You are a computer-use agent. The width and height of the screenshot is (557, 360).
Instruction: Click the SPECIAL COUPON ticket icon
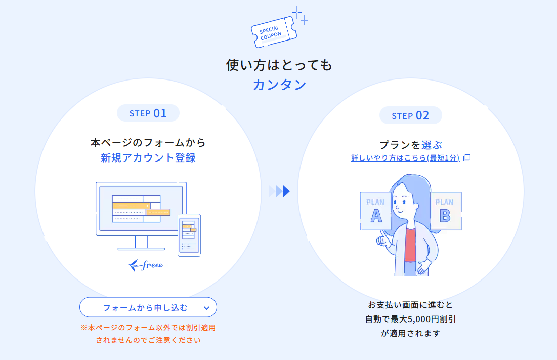click(x=274, y=32)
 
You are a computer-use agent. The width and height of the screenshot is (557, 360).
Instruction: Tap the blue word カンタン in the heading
click(x=279, y=85)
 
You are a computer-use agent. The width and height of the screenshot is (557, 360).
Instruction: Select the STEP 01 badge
click(x=148, y=113)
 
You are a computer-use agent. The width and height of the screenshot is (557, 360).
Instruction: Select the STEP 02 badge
click(x=411, y=115)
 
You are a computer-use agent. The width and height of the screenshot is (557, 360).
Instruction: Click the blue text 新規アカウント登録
click(x=148, y=157)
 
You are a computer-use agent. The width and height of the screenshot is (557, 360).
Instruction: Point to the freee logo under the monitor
click(x=146, y=265)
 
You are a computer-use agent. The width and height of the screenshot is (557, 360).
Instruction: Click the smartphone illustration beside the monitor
click(x=189, y=235)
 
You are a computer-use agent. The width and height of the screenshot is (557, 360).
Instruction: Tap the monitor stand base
click(x=141, y=249)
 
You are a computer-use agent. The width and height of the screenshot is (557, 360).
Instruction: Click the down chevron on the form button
click(x=206, y=308)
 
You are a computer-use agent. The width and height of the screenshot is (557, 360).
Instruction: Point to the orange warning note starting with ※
click(x=148, y=334)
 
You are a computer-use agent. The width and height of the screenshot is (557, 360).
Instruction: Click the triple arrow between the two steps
click(x=279, y=191)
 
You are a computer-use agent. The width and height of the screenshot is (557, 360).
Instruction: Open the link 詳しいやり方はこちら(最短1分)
click(x=405, y=158)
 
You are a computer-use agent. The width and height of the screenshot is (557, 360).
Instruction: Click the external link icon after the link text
click(x=467, y=157)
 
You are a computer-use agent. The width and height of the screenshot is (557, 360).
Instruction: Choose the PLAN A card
click(x=375, y=211)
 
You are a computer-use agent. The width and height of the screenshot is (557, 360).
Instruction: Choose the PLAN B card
click(x=446, y=211)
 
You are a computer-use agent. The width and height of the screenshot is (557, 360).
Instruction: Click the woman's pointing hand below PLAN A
click(x=382, y=239)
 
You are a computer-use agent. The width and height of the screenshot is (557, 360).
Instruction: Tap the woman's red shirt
click(x=410, y=245)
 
